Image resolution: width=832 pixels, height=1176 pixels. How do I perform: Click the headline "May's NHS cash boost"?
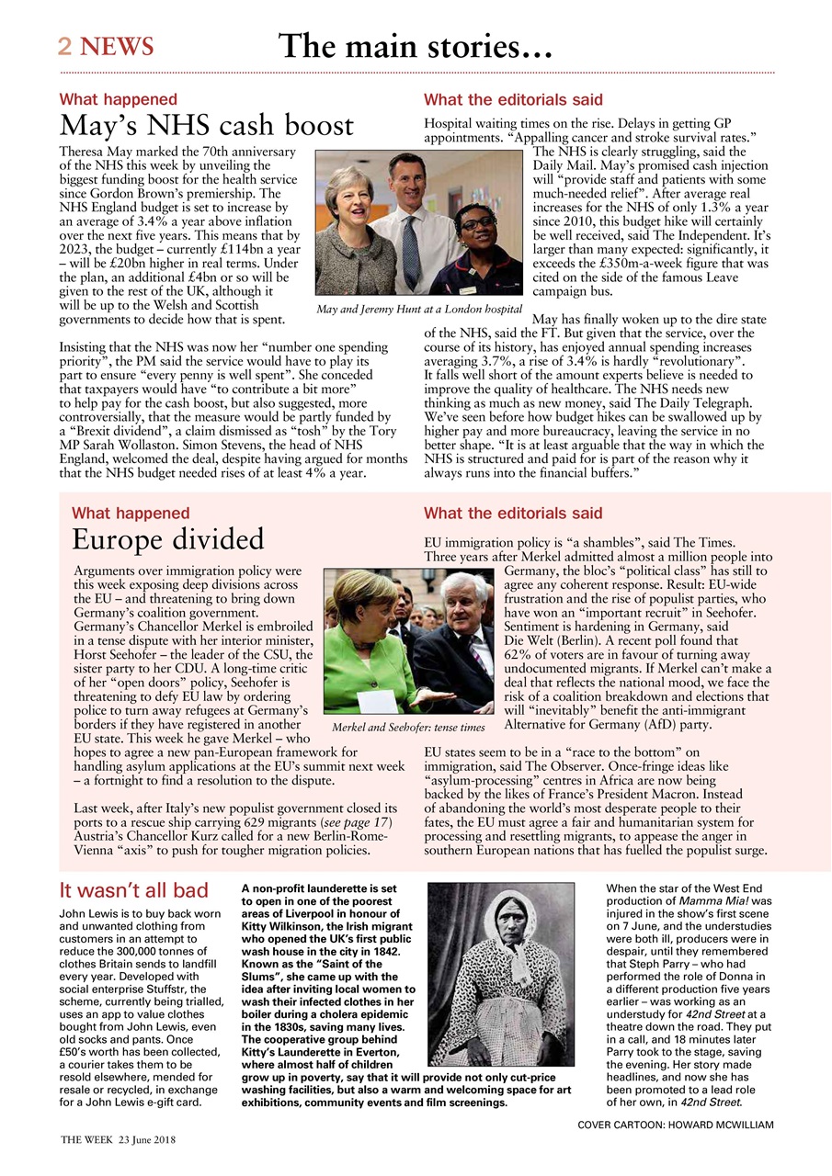click(207, 126)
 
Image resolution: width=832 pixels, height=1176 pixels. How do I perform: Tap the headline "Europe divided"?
click(168, 538)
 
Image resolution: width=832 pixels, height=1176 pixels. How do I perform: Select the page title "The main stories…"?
click(416, 45)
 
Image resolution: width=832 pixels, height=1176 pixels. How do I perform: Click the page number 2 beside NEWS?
click(65, 47)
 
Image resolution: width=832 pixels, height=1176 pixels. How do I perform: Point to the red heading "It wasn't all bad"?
click(134, 890)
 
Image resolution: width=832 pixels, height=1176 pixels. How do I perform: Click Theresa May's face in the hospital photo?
click(353, 191)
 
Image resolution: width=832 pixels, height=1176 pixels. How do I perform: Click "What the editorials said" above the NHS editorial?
click(513, 99)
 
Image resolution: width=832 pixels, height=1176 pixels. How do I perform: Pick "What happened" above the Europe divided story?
click(131, 513)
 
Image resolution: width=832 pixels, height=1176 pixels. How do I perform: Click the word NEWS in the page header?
click(117, 47)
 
